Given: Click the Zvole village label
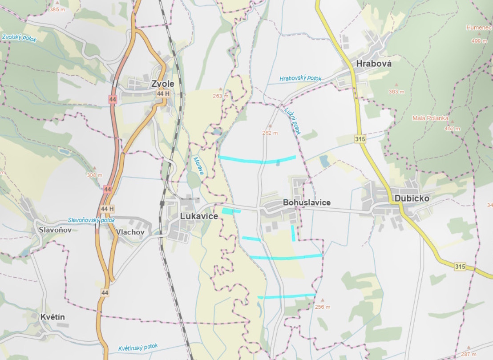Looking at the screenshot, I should point(162,84).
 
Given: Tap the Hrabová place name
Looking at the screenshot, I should point(374,64).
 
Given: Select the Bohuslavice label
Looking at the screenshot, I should point(307,202).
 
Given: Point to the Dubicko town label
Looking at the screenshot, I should point(411,198).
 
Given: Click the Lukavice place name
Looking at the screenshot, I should point(199,216).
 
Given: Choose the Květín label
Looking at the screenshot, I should point(53,317).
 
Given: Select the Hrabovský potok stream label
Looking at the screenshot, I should point(300,78).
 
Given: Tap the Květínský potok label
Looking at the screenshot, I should point(138,347).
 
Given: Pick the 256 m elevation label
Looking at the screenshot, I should point(323,307).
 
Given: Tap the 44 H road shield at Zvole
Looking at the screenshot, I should point(163,94).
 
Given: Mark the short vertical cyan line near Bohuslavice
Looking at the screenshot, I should point(293,233).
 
